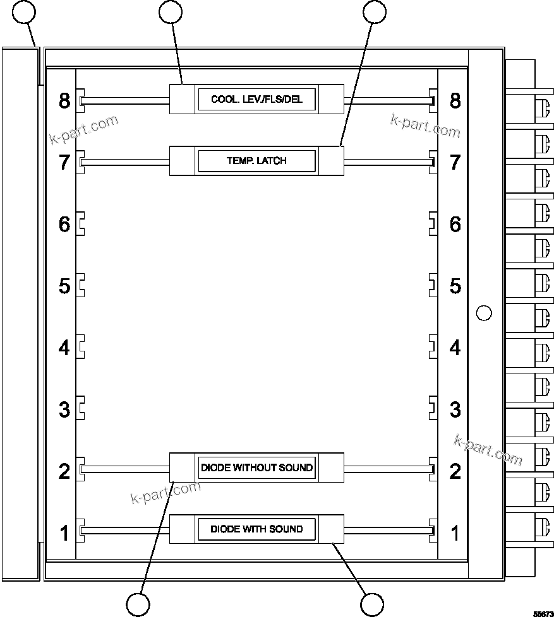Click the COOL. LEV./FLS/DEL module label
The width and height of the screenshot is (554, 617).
click(x=256, y=100)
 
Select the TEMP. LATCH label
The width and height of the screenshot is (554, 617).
click(x=256, y=161)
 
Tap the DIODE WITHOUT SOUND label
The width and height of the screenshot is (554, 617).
click(x=256, y=468)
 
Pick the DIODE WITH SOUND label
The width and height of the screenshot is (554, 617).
click(x=256, y=529)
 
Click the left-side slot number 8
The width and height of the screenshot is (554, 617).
click(x=64, y=100)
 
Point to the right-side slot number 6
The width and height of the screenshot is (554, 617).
click(x=455, y=224)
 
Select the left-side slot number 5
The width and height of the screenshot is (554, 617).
click(x=64, y=286)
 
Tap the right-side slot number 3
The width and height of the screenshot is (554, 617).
click(x=455, y=409)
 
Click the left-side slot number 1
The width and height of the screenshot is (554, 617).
click(x=64, y=533)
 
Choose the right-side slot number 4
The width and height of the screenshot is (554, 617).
click(x=455, y=348)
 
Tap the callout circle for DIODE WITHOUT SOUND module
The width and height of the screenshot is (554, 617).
click(x=138, y=604)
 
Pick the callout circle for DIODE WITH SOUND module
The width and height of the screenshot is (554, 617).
click(x=372, y=604)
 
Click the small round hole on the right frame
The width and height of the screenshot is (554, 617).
click(x=483, y=312)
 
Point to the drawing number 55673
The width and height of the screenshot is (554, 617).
click(x=542, y=613)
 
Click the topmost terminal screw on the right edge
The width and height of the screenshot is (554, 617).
click(x=541, y=109)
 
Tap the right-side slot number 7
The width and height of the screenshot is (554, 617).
click(x=455, y=162)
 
